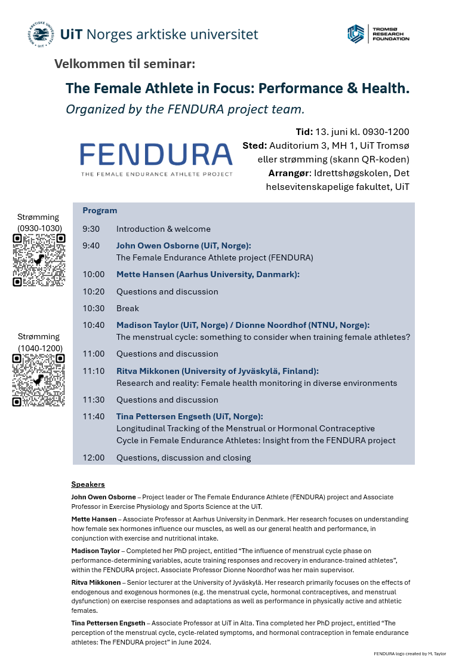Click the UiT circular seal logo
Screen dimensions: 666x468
pos(41,34)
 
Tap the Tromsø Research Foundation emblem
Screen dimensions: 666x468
pos(356,34)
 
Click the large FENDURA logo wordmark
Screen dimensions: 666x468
pos(156,155)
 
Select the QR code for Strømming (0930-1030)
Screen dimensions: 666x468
pos(39,260)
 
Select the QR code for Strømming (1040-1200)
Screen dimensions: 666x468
pos(39,380)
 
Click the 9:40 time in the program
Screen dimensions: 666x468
pos(91,245)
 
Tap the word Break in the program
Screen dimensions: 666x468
pos(127,308)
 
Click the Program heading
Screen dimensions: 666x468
pos(100,211)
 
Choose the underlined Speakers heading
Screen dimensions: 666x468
pos(88,484)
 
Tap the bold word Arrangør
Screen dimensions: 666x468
pos(290,173)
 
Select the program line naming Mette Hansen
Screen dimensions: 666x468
pos(208,274)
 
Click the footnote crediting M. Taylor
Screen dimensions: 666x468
pos(410,654)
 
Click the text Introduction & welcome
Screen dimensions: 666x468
pos(163,229)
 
